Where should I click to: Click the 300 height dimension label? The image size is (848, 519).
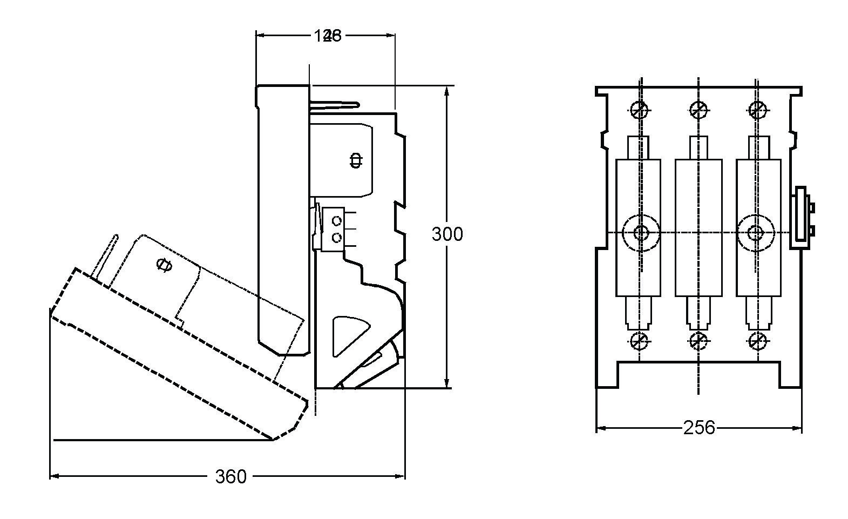tap(447, 234)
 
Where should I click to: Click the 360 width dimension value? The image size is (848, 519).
tap(230, 477)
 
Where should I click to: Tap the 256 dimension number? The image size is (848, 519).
tap(698, 428)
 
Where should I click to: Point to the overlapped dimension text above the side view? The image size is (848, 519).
tap(327, 36)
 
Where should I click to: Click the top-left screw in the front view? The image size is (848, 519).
tap(640, 110)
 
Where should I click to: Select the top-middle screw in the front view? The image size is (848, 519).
tap(698, 110)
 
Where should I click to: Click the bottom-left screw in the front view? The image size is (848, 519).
tap(640, 341)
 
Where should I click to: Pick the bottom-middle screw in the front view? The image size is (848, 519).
tap(698, 341)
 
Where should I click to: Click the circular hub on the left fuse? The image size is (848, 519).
tap(641, 233)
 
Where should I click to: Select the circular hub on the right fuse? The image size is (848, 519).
tap(756, 233)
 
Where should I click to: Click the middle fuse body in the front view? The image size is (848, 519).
tap(698, 227)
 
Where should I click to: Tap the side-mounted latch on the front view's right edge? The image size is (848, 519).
tap(801, 218)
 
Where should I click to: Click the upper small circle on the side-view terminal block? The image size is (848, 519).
tap(337, 221)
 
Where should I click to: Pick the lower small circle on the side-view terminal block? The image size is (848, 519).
tap(337, 238)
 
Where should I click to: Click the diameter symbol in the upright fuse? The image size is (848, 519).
tap(356, 160)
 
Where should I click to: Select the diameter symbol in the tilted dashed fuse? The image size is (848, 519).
tap(164, 265)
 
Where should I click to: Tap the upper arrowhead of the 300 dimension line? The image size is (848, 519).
tap(447, 90)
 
